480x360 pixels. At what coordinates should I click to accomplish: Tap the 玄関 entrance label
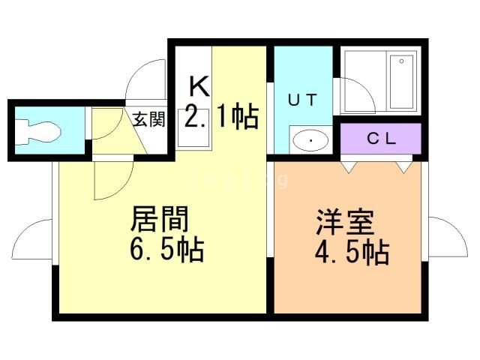[x=148, y=119]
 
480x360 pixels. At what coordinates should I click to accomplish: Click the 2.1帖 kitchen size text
[x=222, y=117]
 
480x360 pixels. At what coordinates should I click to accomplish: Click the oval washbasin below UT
[x=310, y=140]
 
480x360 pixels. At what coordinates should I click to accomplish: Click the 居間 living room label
[x=160, y=220]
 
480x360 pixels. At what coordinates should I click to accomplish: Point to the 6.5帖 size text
[x=166, y=250]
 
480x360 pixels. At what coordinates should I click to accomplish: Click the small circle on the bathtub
[x=402, y=61]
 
